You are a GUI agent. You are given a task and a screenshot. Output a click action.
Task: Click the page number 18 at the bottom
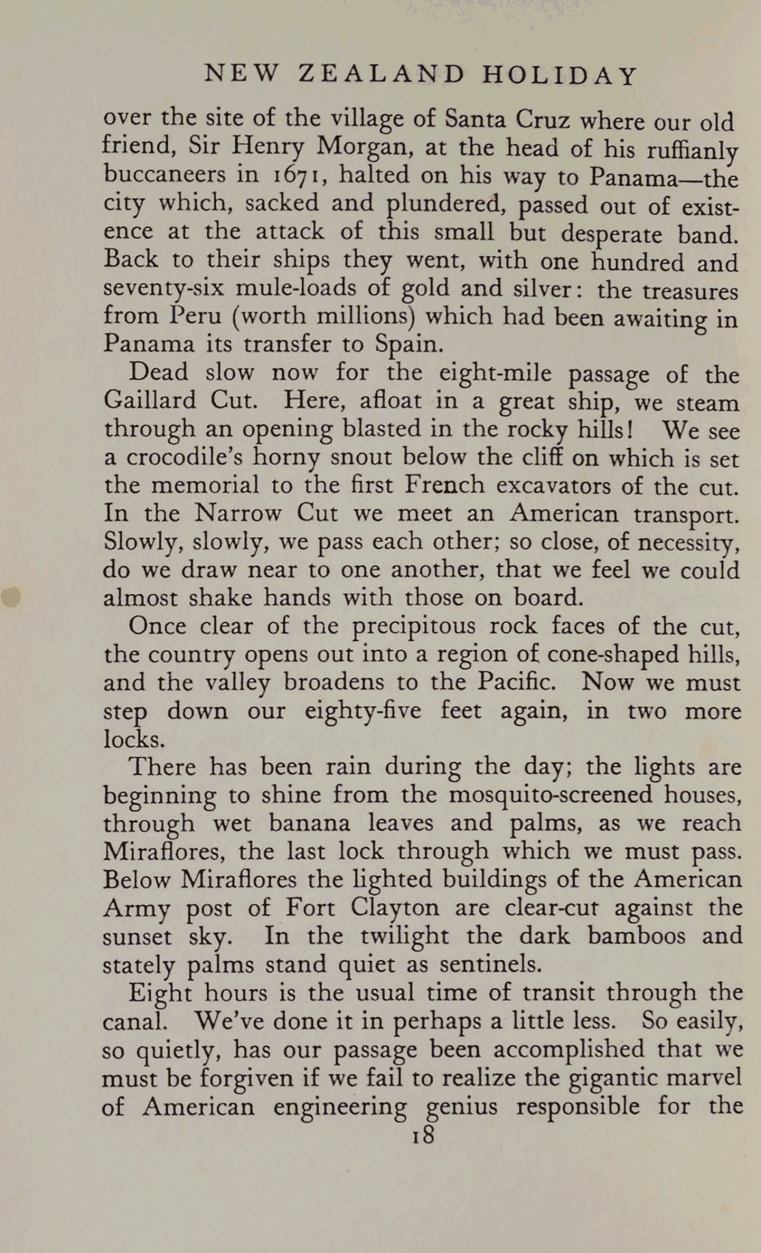click(x=423, y=1134)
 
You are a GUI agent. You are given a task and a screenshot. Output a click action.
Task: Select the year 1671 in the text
click(x=294, y=175)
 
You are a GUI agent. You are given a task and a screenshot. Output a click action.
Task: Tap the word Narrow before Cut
click(x=237, y=513)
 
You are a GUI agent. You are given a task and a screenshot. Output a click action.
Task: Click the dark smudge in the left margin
click(x=10, y=595)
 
